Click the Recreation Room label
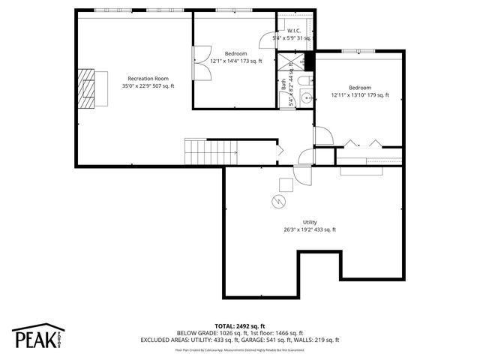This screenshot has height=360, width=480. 148,78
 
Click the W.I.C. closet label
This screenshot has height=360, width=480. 294,31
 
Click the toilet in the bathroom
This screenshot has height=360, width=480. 303,80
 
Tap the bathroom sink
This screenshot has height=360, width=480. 305,97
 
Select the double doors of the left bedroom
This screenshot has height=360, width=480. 199,63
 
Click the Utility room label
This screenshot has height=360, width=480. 310,222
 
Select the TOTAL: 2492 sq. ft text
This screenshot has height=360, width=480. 240,325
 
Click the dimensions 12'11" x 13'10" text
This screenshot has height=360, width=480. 360,95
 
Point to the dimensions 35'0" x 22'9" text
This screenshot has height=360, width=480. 148,86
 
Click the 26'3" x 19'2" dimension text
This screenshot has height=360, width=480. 310,230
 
